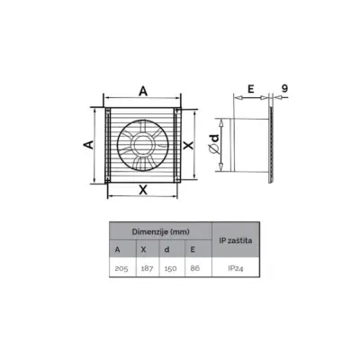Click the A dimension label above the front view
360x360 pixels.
142,90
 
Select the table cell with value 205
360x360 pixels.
119,268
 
